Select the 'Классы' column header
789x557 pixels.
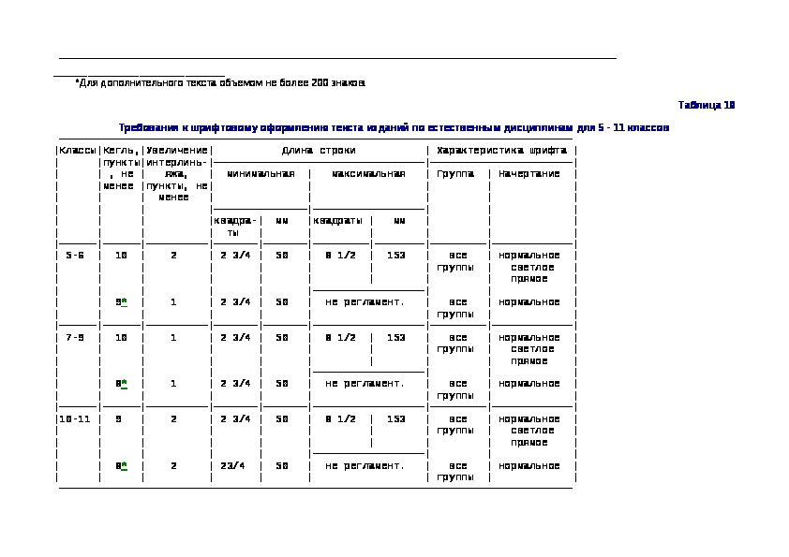pos(77,150)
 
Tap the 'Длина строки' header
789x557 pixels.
pos(319,150)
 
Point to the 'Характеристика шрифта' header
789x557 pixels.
pos(501,150)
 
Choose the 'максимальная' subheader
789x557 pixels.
pos(368,173)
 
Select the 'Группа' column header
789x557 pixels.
pos(458,173)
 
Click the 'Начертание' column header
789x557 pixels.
pos(529,173)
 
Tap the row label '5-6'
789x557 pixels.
pos(76,255)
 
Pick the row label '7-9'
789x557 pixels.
pos(76,337)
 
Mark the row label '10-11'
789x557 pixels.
pos(76,418)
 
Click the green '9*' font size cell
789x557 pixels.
pos(121,301)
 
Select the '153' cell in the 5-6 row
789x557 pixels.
pos(395,255)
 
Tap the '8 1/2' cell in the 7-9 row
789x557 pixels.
pos(340,337)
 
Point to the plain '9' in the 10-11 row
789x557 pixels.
pos(119,418)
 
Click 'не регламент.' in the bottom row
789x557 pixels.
pos(365,465)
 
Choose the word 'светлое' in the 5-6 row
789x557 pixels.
pos(529,267)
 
